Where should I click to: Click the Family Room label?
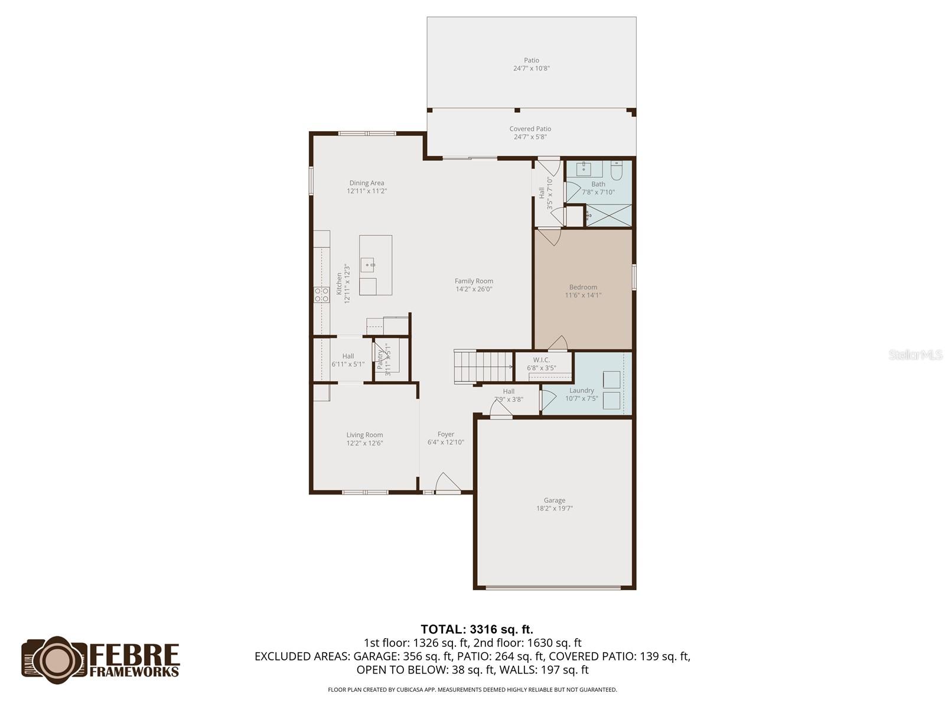pos(474,281)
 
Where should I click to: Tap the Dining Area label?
pos(366,183)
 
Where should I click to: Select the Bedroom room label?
pos(583,287)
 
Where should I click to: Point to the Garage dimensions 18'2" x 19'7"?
pos(555,509)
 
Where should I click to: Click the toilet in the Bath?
pos(616,171)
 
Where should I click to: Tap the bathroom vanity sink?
pos(585,168)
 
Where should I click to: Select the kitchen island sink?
pos(367,264)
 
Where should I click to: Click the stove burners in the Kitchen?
pos(321,295)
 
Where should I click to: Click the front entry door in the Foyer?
pos(447,483)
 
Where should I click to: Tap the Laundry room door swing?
pos(548,400)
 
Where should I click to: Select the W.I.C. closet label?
pos(542,360)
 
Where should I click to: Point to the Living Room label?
pos(364,435)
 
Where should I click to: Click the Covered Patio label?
pos(530,129)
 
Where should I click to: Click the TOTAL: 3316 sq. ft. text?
pos(477,629)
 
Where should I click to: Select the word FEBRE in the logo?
pos(135,655)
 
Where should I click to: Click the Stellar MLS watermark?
pos(915,355)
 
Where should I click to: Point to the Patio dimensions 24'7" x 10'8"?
pos(532,69)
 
